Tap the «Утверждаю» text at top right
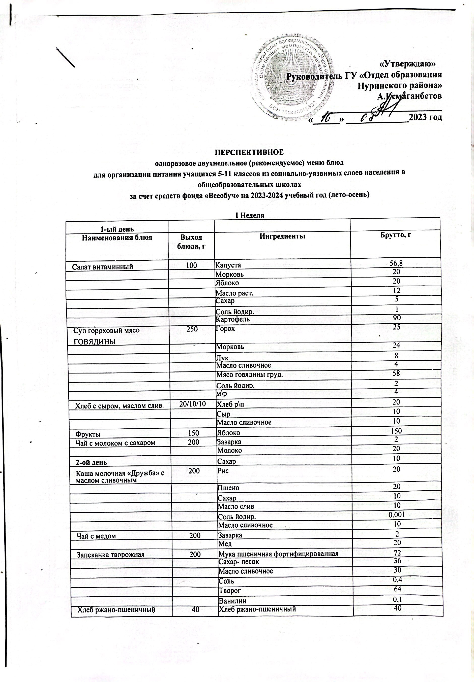(x=408, y=63)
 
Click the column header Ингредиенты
(x=282, y=236)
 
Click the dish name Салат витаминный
(x=102, y=266)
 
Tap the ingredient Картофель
(x=233, y=319)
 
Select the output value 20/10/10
(x=192, y=402)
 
